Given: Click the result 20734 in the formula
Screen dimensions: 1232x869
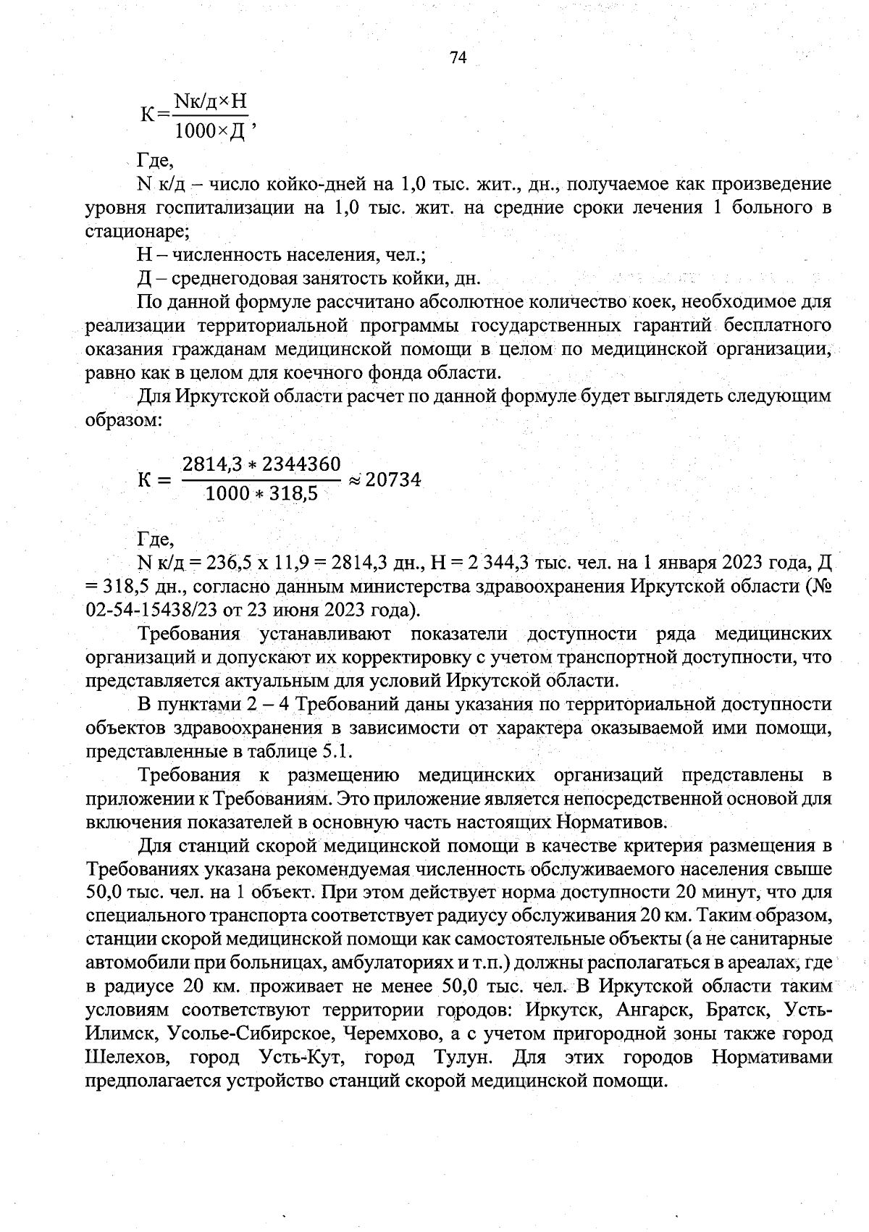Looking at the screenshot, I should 393,479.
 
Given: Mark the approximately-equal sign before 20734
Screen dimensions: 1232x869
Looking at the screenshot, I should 354,479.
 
